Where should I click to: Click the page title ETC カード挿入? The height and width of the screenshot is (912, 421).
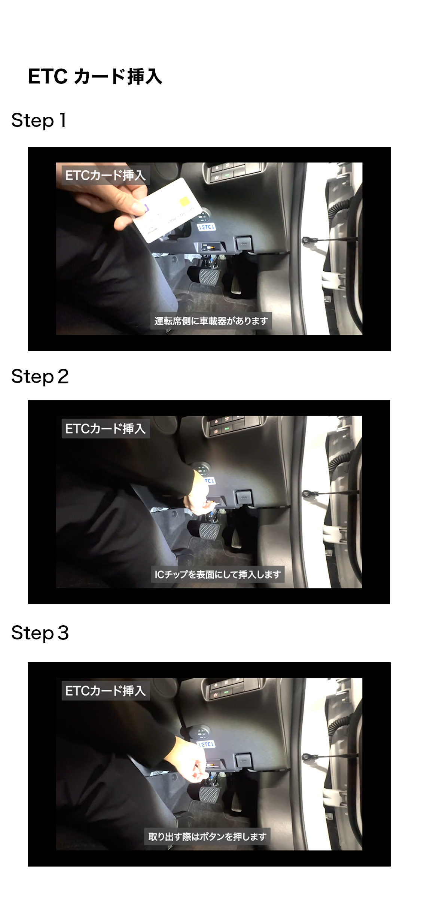(x=95, y=77)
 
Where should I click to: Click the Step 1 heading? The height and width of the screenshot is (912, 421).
(x=39, y=121)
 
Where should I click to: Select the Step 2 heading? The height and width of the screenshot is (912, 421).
(x=40, y=376)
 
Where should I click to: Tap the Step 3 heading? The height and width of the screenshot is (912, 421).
(x=40, y=633)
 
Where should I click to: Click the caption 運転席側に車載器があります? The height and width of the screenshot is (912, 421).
(x=211, y=321)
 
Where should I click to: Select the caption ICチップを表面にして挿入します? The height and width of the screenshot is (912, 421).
(x=218, y=574)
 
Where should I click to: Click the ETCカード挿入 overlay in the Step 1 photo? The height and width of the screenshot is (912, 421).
(x=106, y=175)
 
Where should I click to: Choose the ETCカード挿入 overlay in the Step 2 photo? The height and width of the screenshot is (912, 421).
(x=106, y=429)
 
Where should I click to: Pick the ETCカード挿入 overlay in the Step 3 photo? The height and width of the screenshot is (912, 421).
(x=106, y=691)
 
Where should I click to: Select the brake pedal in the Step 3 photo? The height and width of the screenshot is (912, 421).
(x=211, y=793)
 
